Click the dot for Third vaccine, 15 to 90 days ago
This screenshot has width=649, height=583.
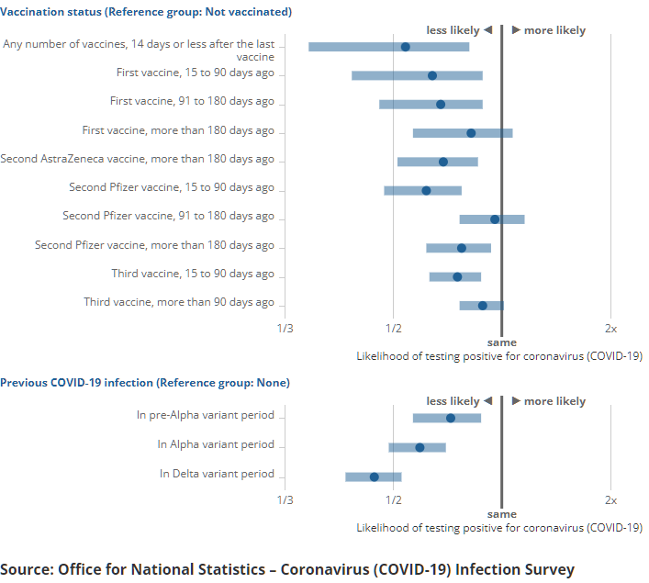(x=457, y=276)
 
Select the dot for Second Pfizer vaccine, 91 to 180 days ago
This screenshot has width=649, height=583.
(x=495, y=219)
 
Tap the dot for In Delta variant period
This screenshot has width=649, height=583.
(x=374, y=476)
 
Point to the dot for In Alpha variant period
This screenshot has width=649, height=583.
(x=420, y=447)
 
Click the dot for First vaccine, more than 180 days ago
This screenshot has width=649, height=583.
(x=471, y=133)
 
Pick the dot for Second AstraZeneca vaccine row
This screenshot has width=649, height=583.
(x=443, y=162)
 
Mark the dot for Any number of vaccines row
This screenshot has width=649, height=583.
(x=406, y=47)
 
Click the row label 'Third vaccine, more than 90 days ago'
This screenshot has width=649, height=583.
(x=179, y=302)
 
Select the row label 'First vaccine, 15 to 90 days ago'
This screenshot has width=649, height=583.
(x=195, y=73)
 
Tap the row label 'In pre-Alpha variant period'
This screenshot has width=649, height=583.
(x=206, y=415)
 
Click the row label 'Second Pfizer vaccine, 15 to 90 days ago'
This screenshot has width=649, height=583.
(x=172, y=187)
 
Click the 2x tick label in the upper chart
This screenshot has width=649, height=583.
(x=610, y=328)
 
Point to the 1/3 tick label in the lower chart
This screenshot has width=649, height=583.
(x=285, y=499)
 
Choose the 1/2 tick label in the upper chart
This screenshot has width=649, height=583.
(x=393, y=328)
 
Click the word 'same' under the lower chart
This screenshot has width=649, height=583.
(x=501, y=514)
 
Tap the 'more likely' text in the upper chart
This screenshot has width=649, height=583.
(x=554, y=30)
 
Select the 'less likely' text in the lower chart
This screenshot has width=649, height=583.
(x=453, y=401)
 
